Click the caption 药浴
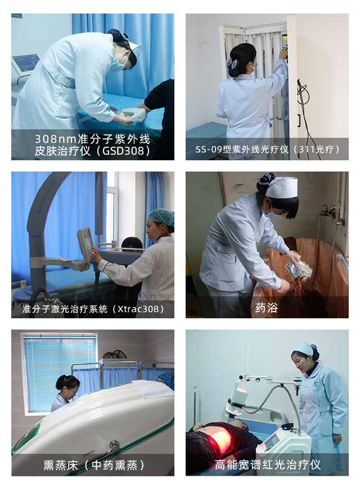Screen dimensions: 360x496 click(x=267, y=308)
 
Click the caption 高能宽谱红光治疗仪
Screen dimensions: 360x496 click(x=268, y=465)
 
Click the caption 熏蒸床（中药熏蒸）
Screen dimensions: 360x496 click(x=94, y=465)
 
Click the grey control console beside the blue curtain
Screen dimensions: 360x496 click(x=25, y=64)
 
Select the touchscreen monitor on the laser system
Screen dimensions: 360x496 click(x=85, y=242)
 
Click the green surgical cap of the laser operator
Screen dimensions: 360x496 click(x=161, y=217)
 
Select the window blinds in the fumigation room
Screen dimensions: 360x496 click(x=60, y=373)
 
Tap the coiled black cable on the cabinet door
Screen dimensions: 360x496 click(x=302, y=92)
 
